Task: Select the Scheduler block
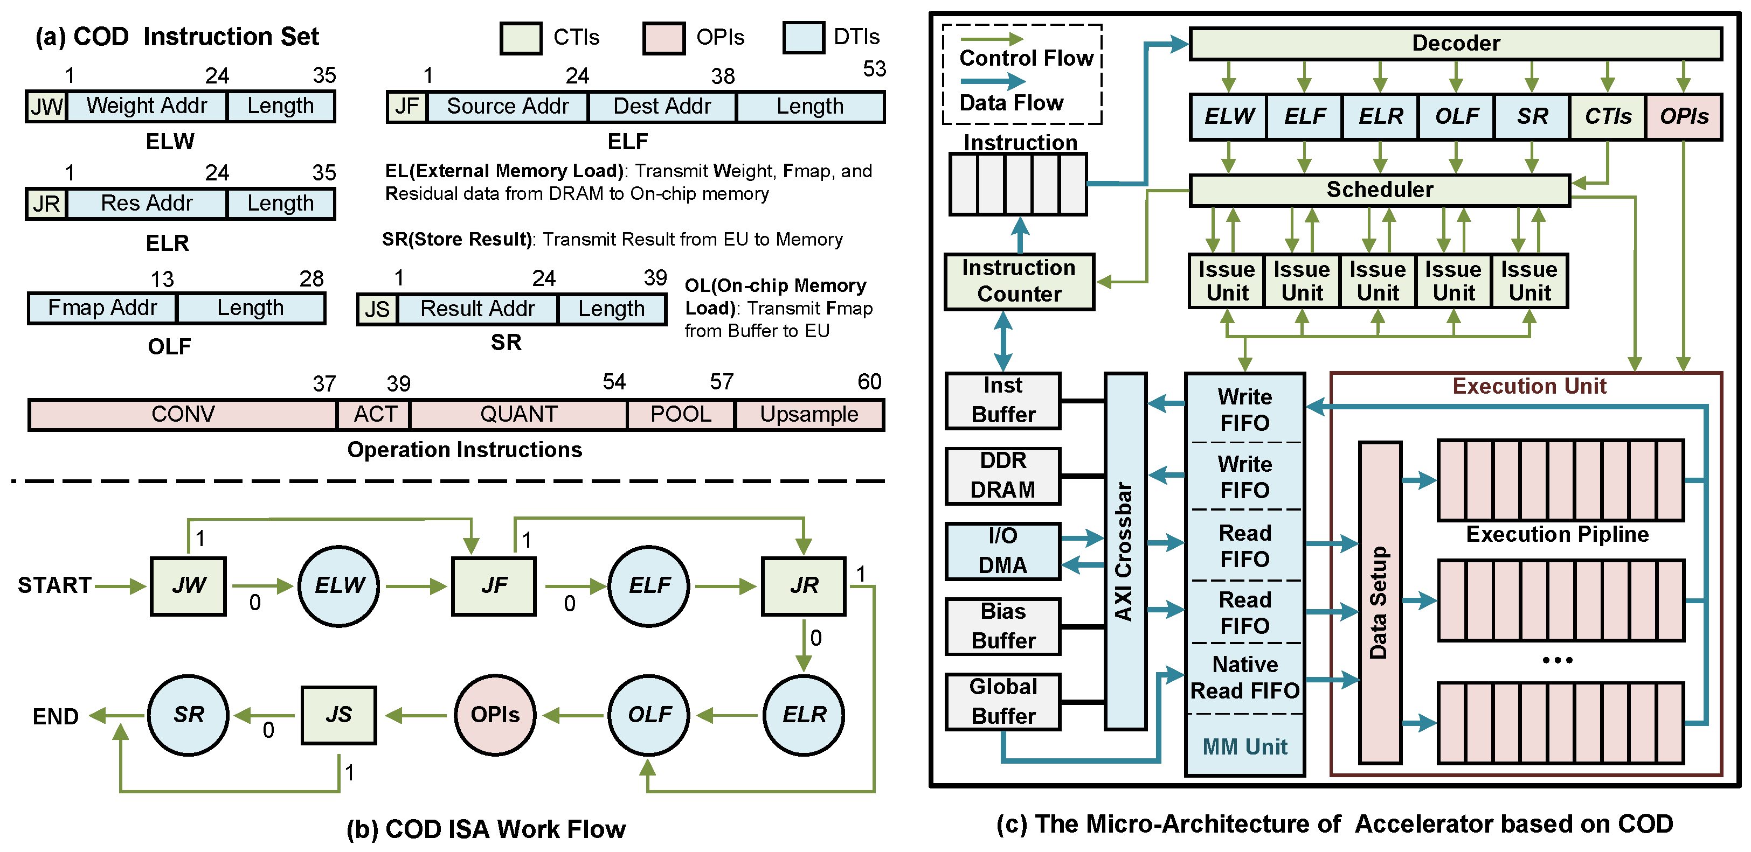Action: tap(1379, 190)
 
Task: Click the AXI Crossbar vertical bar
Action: tap(1125, 550)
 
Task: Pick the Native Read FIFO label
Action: tap(1244, 678)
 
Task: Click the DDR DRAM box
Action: tap(1002, 476)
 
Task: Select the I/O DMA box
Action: tap(1002, 551)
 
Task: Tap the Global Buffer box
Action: tap(1002, 702)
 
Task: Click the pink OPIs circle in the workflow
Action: tap(495, 715)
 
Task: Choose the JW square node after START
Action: tap(188, 585)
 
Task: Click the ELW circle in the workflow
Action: tap(338, 585)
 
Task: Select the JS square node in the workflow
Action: tap(338, 715)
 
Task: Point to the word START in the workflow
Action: tap(54, 585)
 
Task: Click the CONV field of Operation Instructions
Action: tap(183, 415)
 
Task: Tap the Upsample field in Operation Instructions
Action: tap(809, 415)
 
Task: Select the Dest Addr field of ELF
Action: tap(661, 107)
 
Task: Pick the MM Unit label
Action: tap(1244, 746)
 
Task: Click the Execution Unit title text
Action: tap(1529, 387)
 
